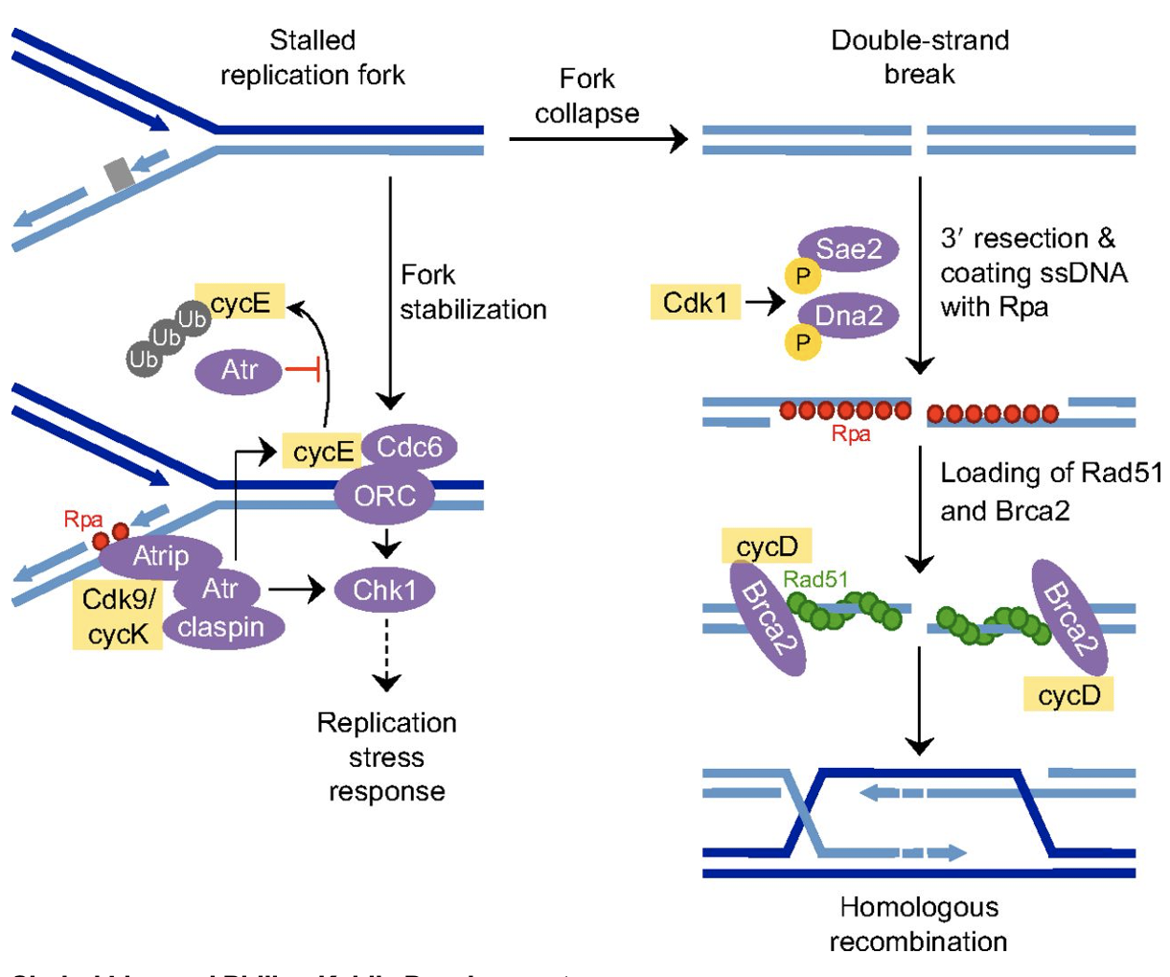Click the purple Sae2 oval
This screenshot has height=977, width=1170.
coord(849,250)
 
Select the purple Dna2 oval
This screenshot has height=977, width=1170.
coord(849,315)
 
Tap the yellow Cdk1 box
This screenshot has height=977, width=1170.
coord(696,303)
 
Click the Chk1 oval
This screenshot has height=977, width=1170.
coord(384,590)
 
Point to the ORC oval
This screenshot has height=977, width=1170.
coord(385,496)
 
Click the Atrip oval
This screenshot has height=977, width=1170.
coord(160,556)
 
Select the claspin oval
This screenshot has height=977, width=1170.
coord(221,628)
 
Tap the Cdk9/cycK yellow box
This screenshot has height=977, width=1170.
coord(118,616)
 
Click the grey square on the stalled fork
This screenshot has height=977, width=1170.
coord(119,175)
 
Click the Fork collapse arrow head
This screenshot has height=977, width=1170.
coord(679,139)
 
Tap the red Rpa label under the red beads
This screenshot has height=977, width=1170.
coord(851,434)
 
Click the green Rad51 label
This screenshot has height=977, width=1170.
coord(815,578)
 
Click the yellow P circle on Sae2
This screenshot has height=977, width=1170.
coord(803,276)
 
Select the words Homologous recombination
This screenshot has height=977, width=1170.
coord(918,924)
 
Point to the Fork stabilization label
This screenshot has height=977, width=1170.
coord(472,292)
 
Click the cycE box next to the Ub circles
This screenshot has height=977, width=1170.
coord(241,303)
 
